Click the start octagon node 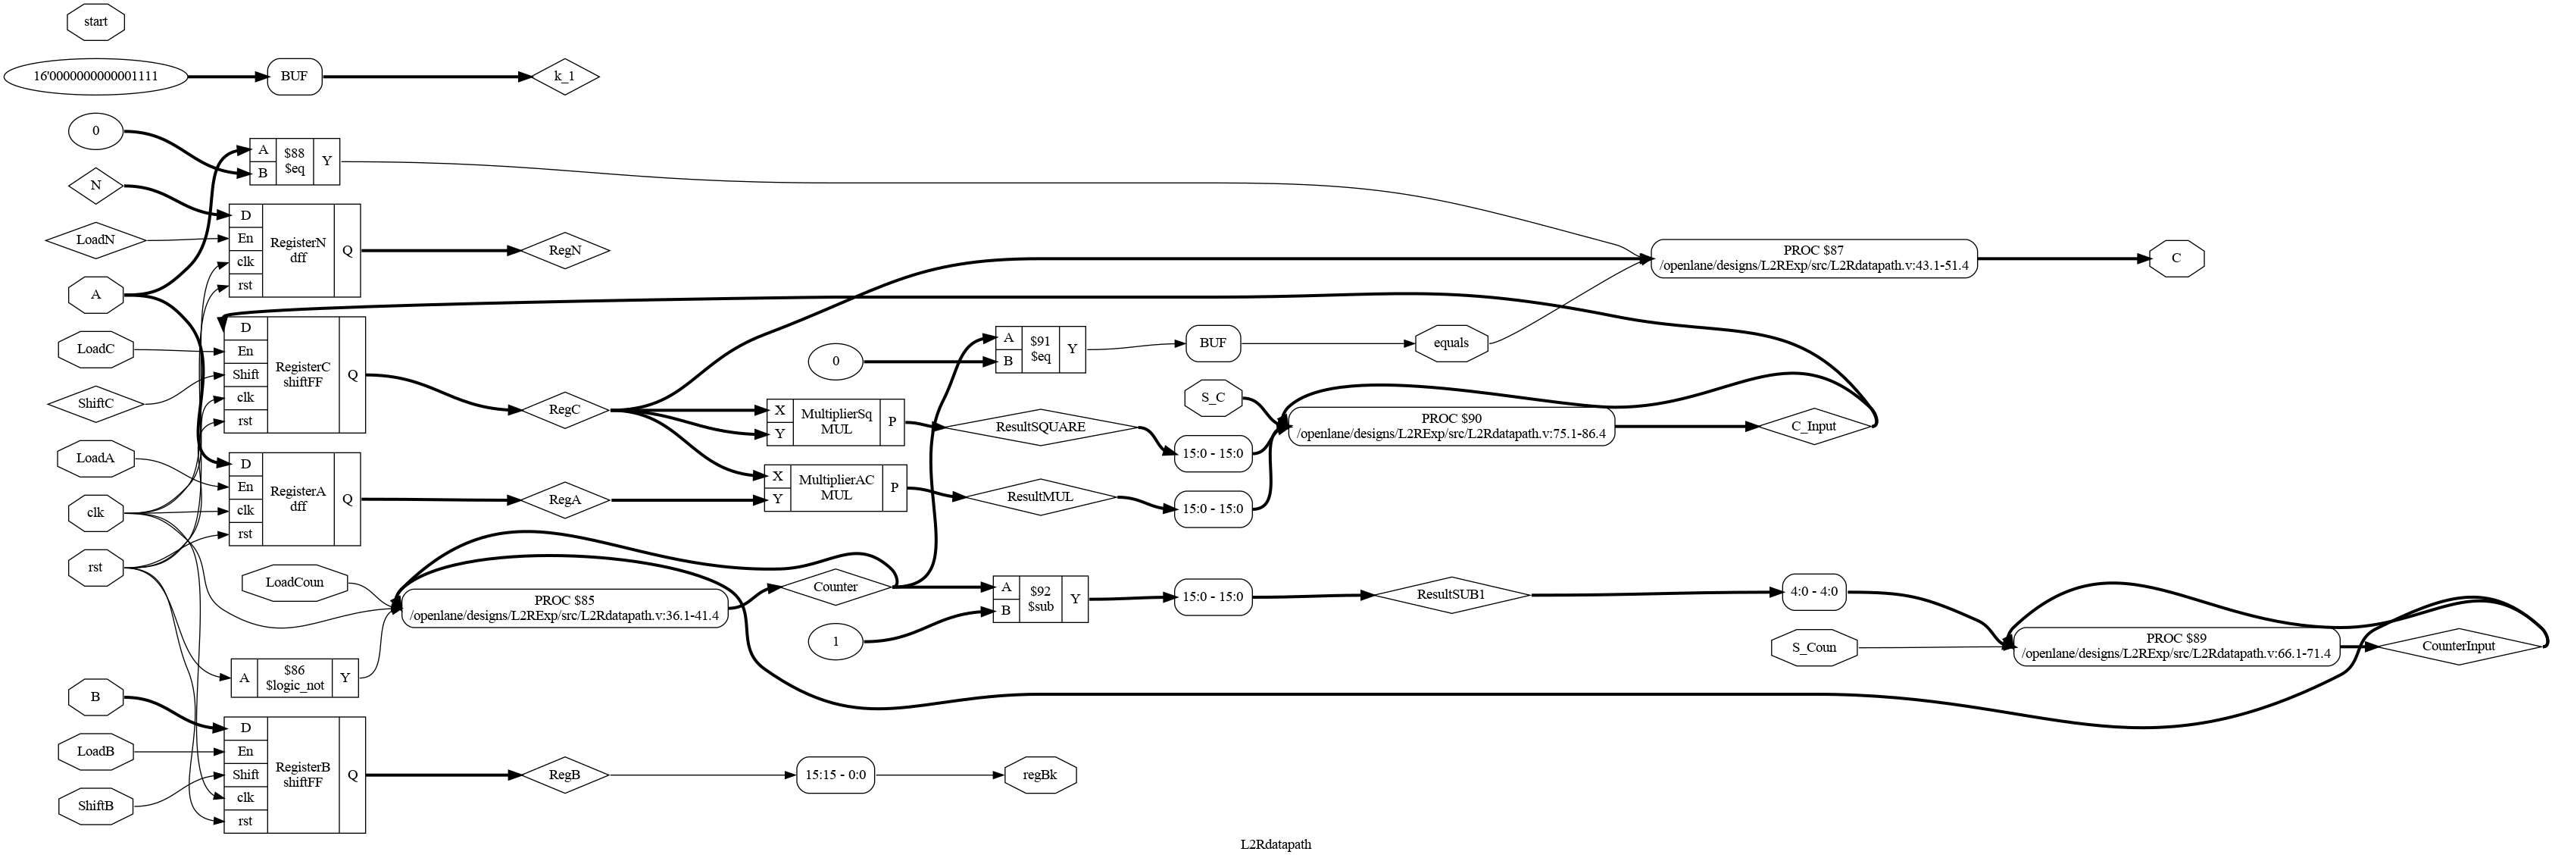click(95, 20)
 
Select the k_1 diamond click(564, 77)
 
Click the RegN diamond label click(564, 251)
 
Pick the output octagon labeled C click(2176, 258)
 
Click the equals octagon click(1451, 343)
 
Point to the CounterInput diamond click(2458, 646)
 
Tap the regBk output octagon click(1039, 774)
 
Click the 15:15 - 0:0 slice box click(836, 774)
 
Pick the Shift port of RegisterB click(245, 774)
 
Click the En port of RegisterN click(245, 238)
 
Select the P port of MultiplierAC click(894, 487)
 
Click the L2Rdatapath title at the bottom click(1275, 844)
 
